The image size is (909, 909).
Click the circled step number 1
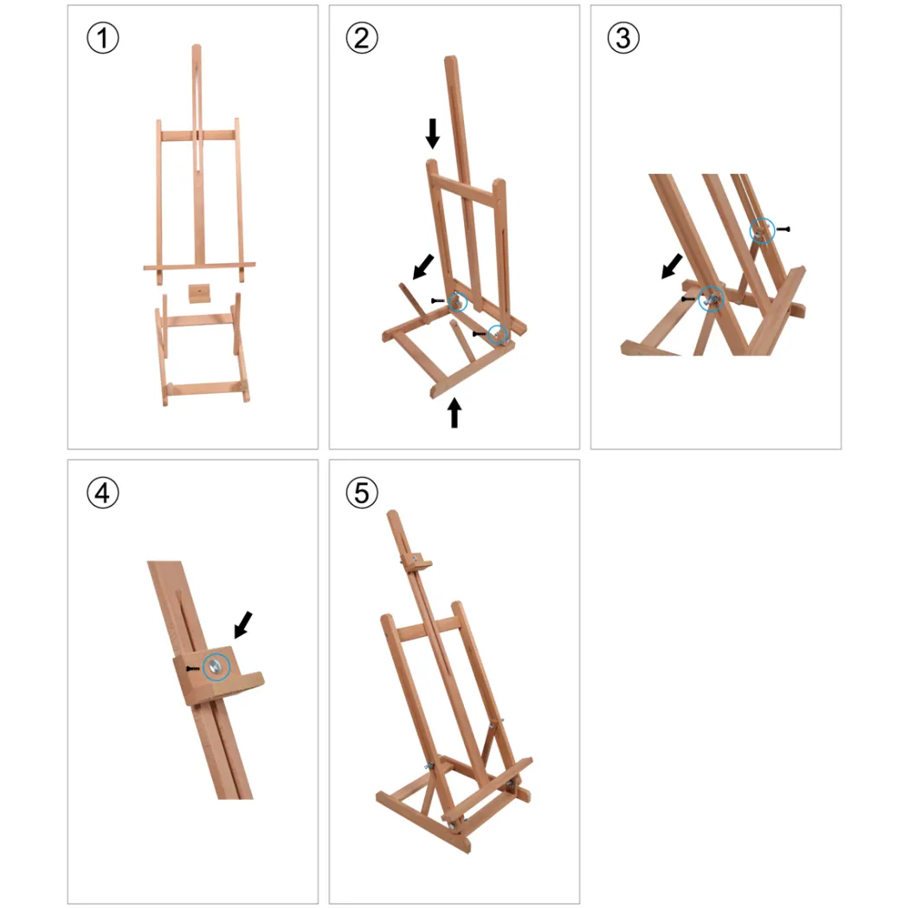[103, 38]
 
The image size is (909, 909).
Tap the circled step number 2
[362, 38]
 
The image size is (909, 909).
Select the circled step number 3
[623, 38]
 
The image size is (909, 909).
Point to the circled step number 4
[103, 493]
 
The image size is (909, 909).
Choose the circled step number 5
[362, 493]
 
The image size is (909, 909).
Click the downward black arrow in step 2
[433, 133]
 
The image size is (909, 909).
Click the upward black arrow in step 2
[455, 412]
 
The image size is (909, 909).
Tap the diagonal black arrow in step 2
[423, 266]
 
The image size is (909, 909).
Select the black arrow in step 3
[672, 266]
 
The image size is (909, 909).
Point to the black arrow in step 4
[243, 624]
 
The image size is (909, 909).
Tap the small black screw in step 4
[193, 668]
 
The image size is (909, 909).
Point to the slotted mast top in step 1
[197, 105]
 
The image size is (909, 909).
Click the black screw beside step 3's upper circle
[783, 229]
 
